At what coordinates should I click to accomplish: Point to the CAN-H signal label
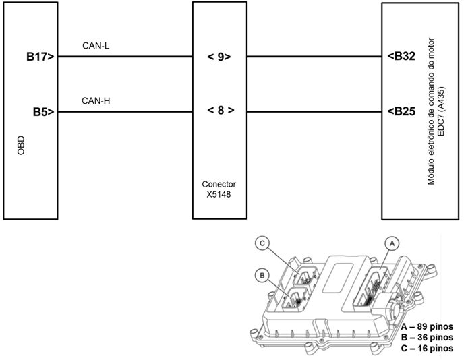pyautogui.click(x=95, y=101)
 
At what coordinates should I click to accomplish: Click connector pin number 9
pyautogui.click(x=220, y=57)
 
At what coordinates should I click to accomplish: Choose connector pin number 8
pyautogui.click(x=220, y=111)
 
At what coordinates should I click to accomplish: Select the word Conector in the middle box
pyautogui.click(x=219, y=183)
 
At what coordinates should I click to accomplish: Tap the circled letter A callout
pyautogui.click(x=389, y=242)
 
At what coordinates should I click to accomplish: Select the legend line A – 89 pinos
pyautogui.click(x=426, y=326)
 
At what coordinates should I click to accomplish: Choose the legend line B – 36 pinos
pyautogui.click(x=426, y=337)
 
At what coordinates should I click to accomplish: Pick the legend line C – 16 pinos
pyautogui.click(x=426, y=348)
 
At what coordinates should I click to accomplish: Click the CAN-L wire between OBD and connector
pyautogui.click(x=125, y=57)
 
